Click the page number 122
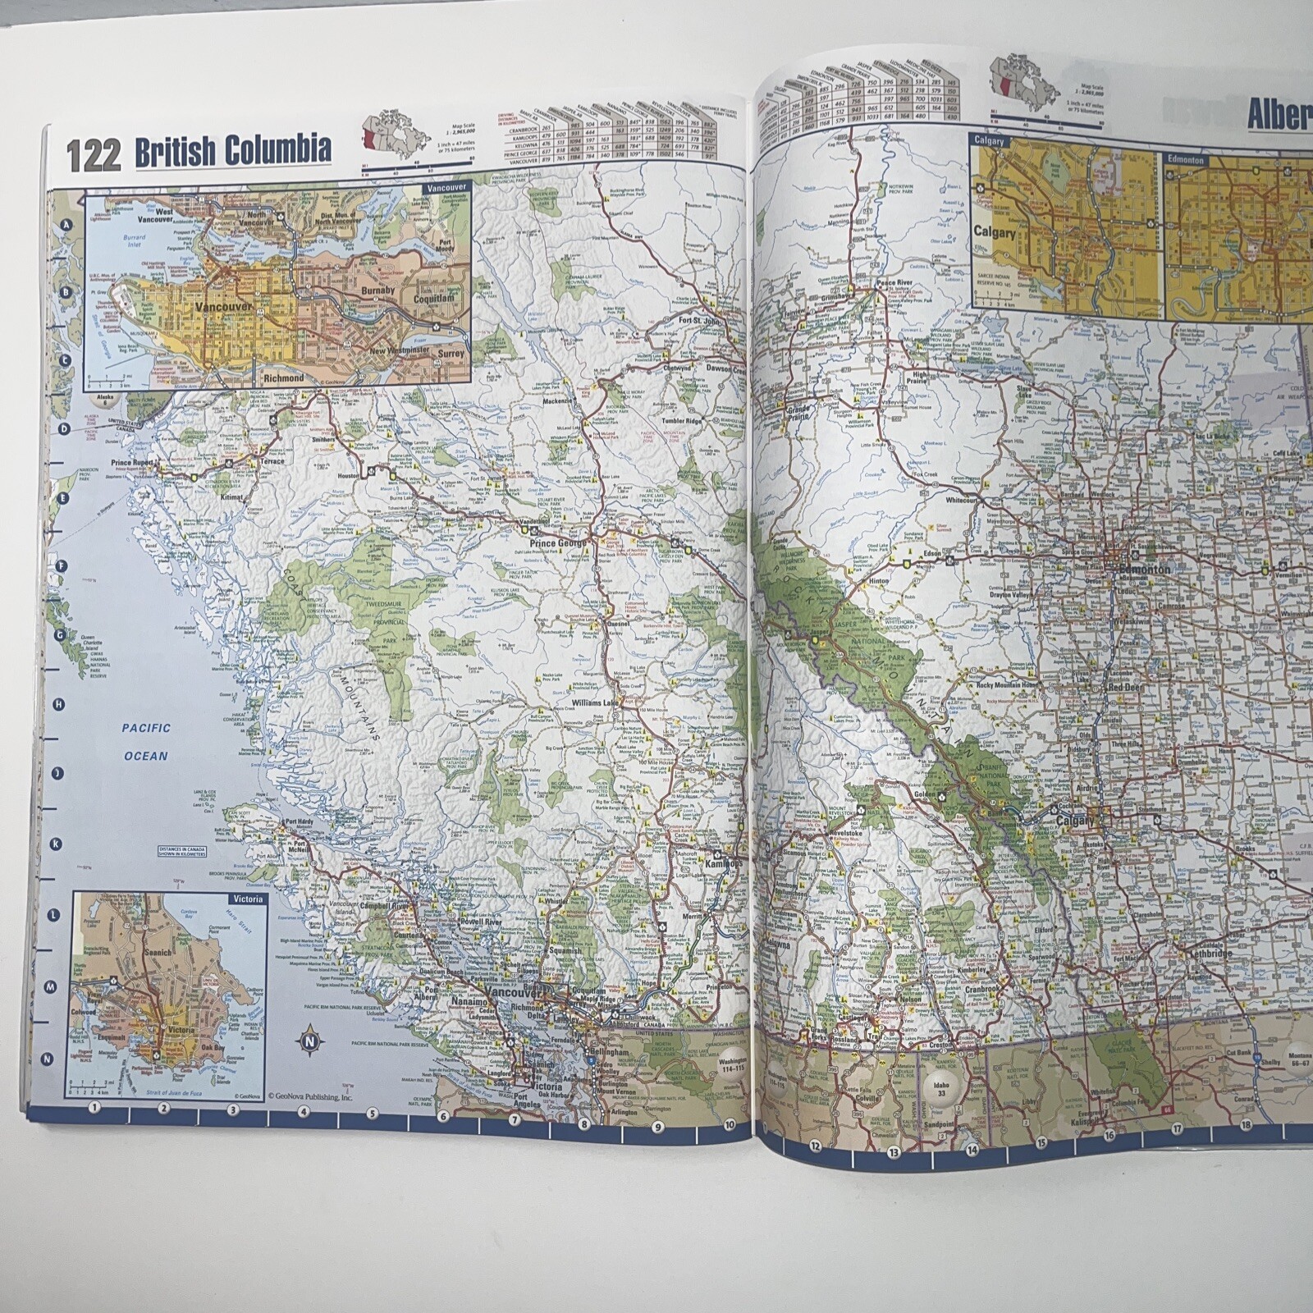93,156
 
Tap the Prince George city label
558,543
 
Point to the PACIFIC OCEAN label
147,742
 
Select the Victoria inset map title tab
247,899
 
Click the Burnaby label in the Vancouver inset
377,291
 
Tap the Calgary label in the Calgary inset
995,232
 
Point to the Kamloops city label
721,864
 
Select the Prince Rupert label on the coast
132,463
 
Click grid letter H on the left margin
58,703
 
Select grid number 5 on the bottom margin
372,1114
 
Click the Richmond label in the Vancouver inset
283,378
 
